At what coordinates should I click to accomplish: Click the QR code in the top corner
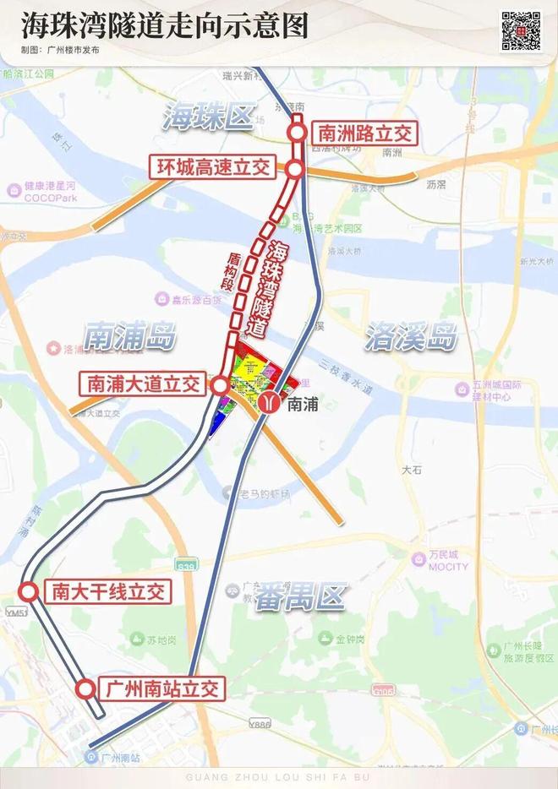pyautogui.click(x=521, y=31)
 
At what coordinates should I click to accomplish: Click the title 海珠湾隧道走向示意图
pyautogui.click(x=165, y=25)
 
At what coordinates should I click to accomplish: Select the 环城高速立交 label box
pyautogui.click(x=213, y=166)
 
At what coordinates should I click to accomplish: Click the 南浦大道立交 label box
pyautogui.click(x=143, y=384)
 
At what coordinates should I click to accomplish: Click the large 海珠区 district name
pyautogui.click(x=209, y=117)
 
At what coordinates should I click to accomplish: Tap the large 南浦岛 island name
pyautogui.click(x=129, y=337)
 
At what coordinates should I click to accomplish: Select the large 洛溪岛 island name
pyautogui.click(x=412, y=338)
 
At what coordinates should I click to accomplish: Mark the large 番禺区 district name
pyautogui.click(x=304, y=597)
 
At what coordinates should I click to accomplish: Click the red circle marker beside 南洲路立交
pyautogui.click(x=297, y=133)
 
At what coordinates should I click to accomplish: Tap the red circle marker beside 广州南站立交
pyautogui.click(x=85, y=688)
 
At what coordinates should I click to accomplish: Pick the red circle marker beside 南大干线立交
pyautogui.click(x=28, y=590)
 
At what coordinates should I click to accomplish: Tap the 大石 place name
pyautogui.click(x=412, y=470)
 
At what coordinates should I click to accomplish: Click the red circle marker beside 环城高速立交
pyautogui.click(x=295, y=170)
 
